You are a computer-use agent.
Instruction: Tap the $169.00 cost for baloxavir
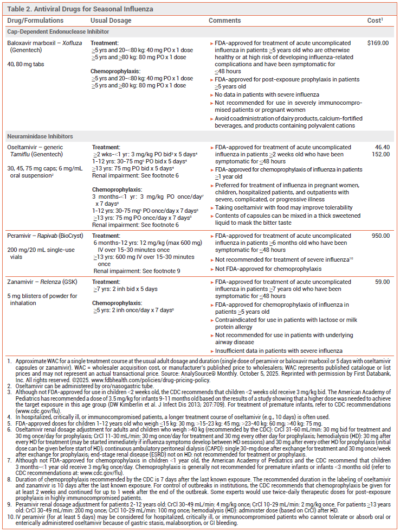point(378,42)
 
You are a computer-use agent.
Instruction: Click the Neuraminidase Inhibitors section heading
point(41,137)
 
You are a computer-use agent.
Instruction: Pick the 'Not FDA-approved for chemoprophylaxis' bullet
point(269,269)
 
